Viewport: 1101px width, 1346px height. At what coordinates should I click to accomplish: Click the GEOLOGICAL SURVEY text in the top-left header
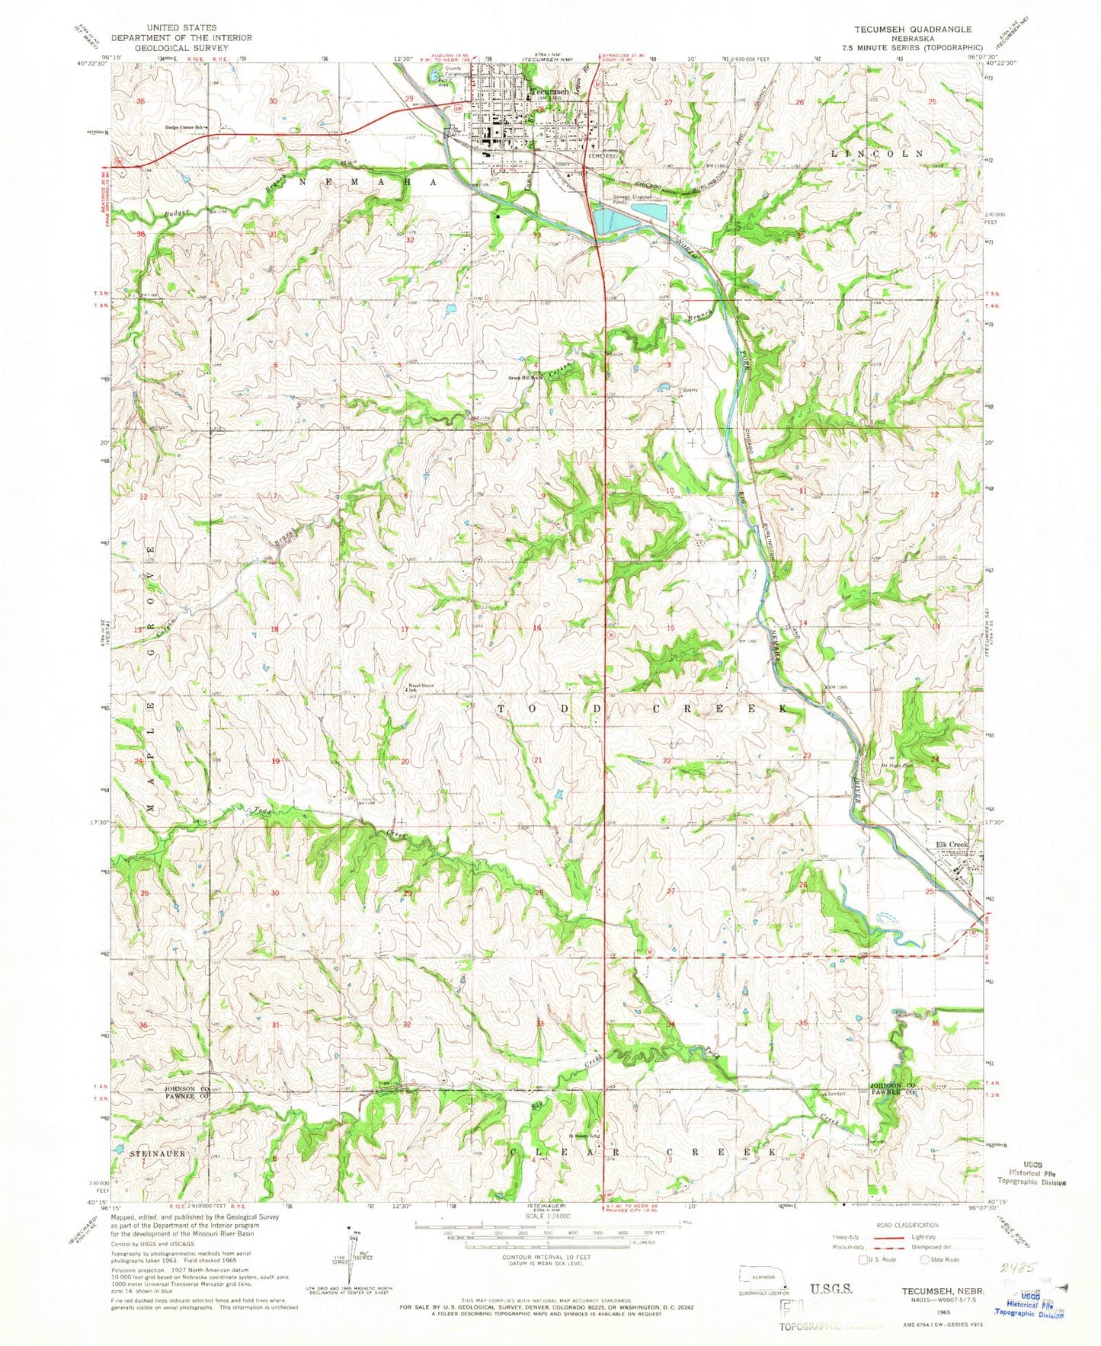coord(164,47)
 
